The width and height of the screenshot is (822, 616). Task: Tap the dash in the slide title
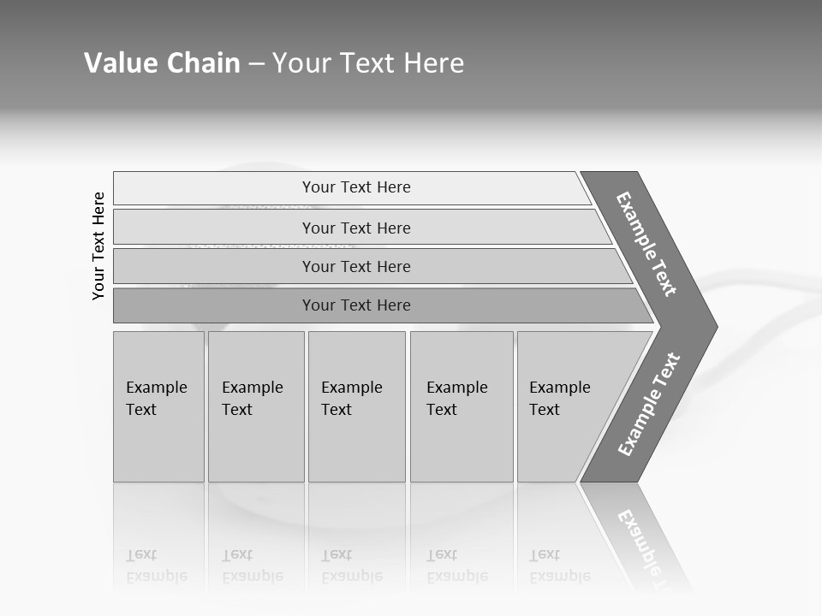pos(256,64)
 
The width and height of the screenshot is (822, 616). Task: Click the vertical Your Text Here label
pos(98,246)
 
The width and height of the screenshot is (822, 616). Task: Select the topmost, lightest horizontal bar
pos(355,187)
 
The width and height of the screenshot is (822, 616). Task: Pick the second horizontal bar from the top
pos(355,228)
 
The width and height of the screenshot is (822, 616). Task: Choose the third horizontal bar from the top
pos(355,266)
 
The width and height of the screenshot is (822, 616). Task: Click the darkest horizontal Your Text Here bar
pos(355,305)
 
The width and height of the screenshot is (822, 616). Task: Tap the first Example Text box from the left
pos(158,406)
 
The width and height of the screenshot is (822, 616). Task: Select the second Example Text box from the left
pos(255,406)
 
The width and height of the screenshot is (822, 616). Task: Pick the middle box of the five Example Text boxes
pos(356,406)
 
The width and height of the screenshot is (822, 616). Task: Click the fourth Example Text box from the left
pos(461,406)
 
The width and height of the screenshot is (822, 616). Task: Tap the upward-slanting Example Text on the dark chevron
pos(649,404)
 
